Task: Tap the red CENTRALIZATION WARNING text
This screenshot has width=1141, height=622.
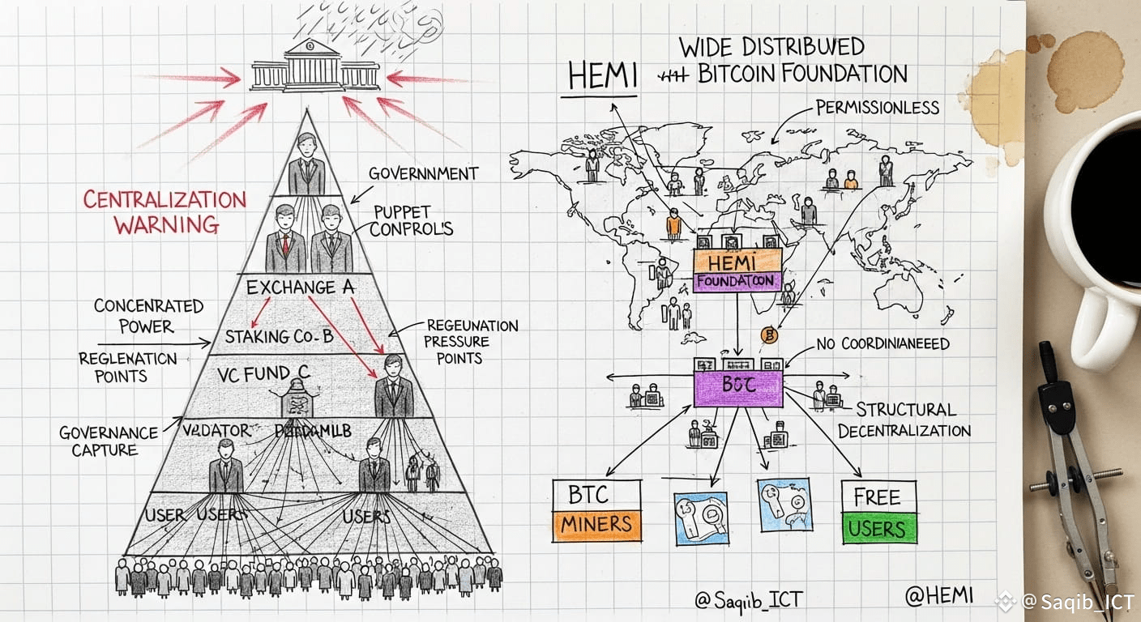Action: (x=165, y=211)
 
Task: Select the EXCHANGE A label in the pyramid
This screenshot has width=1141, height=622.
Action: (x=290, y=288)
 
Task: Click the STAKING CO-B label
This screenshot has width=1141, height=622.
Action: (x=278, y=336)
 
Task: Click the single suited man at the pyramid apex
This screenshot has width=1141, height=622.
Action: (x=306, y=165)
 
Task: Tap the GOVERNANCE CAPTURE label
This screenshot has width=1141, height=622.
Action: (x=97, y=441)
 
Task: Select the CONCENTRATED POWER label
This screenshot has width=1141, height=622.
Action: (x=147, y=316)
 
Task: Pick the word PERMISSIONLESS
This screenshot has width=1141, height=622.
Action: (x=877, y=107)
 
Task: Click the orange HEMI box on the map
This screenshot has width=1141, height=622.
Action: (x=737, y=262)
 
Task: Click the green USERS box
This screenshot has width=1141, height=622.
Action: (x=878, y=529)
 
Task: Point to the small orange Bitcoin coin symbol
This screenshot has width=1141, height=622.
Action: (x=769, y=334)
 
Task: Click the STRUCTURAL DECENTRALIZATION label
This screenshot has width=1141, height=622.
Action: (x=904, y=420)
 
